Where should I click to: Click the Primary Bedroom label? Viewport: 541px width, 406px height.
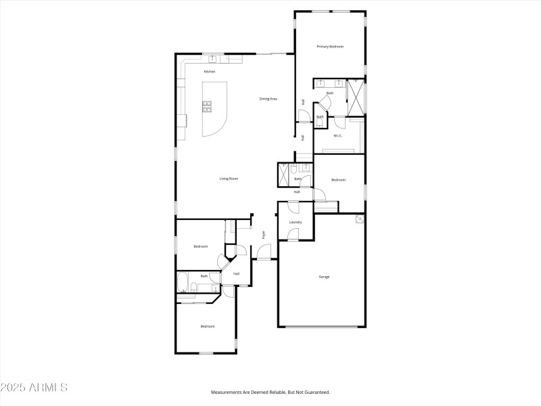click(331, 47)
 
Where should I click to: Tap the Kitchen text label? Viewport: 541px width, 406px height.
click(210, 72)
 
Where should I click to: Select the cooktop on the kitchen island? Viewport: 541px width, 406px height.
click(207, 105)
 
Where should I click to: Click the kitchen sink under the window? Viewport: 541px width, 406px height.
click(214, 58)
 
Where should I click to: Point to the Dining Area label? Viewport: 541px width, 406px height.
click(268, 99)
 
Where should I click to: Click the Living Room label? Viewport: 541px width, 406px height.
click(229, 179)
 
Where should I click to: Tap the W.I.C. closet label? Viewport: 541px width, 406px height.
click(338, 135)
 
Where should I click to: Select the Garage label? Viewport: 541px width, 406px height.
click(324, 277)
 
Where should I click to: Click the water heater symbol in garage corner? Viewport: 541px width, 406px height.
click(359, 219)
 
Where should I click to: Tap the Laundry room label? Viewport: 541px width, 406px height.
click(295, 222)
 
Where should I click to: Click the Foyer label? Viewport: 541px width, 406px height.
click(264, 235)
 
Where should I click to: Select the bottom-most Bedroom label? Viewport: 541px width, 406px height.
click(207, 327)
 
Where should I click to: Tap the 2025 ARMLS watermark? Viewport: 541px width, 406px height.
click(34, 388)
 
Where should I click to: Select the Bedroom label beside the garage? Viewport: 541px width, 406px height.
click(338, 179)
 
